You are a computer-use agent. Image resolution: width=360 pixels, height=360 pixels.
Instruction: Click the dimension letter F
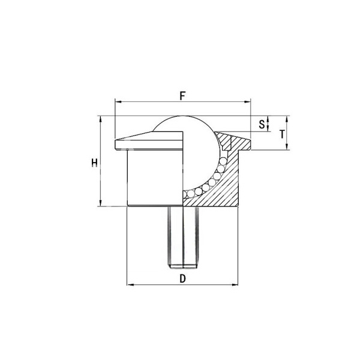[182, 95]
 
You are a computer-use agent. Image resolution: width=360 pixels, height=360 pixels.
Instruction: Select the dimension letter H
[93, 163]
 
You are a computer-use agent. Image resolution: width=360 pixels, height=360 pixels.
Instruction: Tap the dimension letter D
[182, 278]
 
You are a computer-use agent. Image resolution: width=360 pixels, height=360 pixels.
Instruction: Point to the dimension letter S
[262, 124]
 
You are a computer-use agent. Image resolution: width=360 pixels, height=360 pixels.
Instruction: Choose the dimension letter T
[282, 134]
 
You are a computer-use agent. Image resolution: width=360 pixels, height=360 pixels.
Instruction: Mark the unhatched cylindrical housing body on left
[153, 177]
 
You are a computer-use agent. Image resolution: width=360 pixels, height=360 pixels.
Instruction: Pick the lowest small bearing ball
[188, 193]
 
